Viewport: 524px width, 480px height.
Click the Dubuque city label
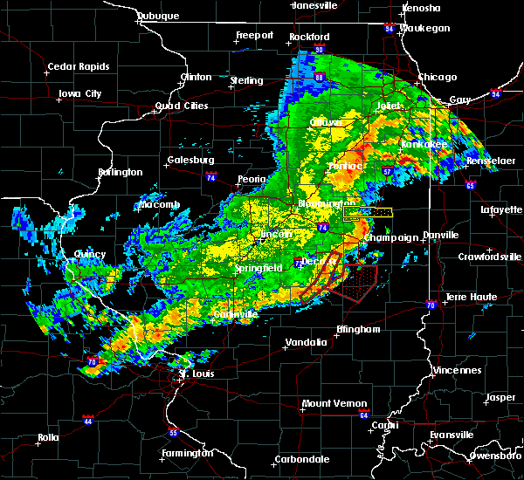pyautogui.click(x=159, y=16)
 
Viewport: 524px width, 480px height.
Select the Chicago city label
pyautogui.click(x=437, y=77)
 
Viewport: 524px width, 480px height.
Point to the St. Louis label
pyautogui.click(x=196, y=374)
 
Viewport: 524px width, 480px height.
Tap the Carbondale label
pyautogui.click(x=303, y=459)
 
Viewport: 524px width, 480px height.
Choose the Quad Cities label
pyautogui.click(x=182, y=106)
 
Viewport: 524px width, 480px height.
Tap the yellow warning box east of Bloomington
pyautogui.click(x=368, y=211)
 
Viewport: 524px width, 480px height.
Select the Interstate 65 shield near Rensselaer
pyautogui.click(x=471, y=184)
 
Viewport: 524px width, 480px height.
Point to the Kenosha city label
pyautogui.click(x=416, y=8)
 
